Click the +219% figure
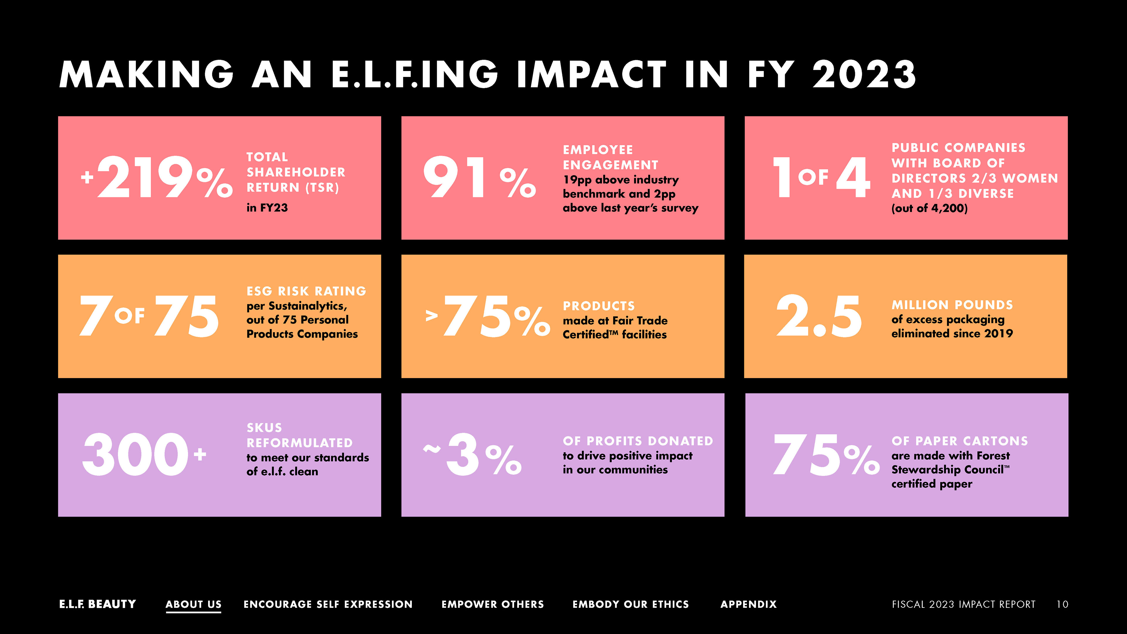click(157, 177)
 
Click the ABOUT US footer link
click(193, 604)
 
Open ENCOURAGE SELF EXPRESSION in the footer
click(328, 604)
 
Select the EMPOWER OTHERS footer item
click(493, 604)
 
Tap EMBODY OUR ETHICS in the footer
click(630, 604)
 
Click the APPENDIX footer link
click(749, 604)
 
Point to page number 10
click(1062, 604)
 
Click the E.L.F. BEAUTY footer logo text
click(97, 604)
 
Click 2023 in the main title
click(864, 74)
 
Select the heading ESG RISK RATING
click(306, 291)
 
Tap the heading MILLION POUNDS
click(952, 305)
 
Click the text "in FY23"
click(267, 208)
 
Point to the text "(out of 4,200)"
click(929, 208)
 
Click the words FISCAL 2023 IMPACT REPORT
click(963, 604)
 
